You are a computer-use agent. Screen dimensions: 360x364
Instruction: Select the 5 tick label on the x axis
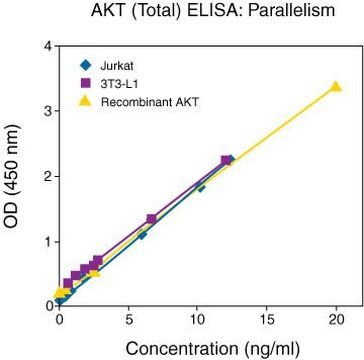[129, 320]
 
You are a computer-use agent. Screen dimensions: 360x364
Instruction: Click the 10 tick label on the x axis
[198, 320]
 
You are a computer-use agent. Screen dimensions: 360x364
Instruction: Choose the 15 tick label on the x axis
[267, 320]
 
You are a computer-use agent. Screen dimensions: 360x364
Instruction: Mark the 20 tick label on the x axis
[336, 320]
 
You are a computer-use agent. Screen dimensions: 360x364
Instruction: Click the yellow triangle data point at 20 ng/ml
[336, 87]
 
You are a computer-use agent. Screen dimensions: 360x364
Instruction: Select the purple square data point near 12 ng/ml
[227, 160]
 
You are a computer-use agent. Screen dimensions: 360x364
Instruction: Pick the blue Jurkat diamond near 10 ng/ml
[201, 186]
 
